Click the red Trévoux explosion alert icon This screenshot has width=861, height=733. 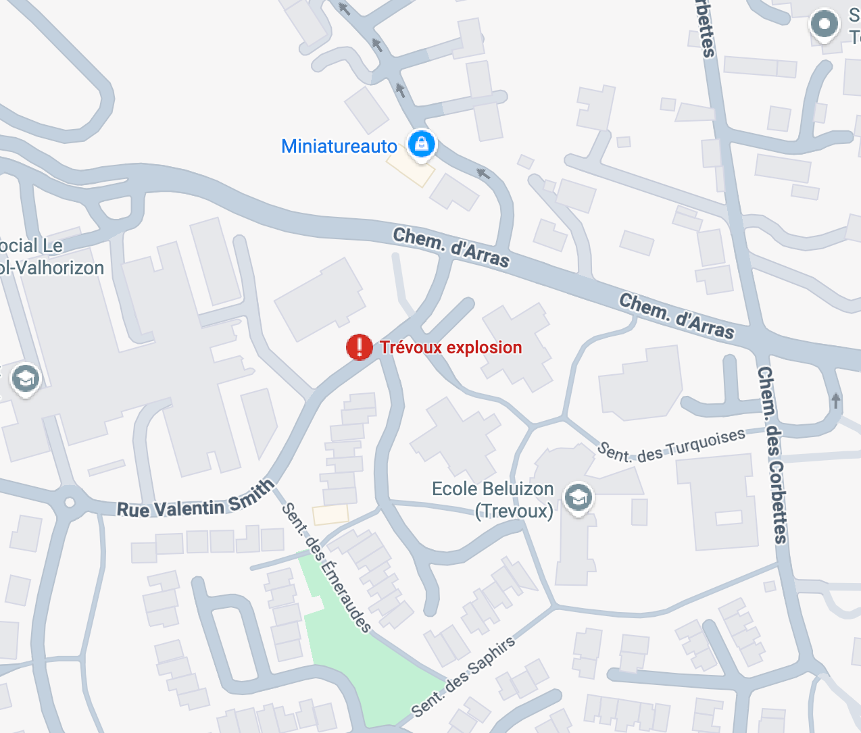tap(359, 347)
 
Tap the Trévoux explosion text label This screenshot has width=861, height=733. tap(451, 347)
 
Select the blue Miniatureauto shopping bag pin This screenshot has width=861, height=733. tap(422, 144)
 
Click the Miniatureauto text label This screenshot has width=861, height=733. tap(339, 146)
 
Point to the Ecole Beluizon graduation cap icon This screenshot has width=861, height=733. tap(578, 499)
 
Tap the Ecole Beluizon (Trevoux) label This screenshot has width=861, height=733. tap(493, 499)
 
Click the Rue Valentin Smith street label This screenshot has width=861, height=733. tap(195, 501)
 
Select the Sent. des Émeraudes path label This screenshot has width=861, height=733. tap(326, 567)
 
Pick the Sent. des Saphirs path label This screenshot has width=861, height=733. tap(464, 676)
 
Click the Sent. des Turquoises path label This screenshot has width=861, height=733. tap(672, 446)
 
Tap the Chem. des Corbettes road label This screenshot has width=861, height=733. tap(772, 454)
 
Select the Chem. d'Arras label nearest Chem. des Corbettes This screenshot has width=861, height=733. tap(676, 315)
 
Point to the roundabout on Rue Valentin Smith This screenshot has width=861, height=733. tap(70, 502)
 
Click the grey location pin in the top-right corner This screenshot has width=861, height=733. tap(825, 25)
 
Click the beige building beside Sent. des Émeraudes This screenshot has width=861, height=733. tap(330, 515)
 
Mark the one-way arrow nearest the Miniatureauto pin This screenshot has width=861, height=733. tap(483, 174)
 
